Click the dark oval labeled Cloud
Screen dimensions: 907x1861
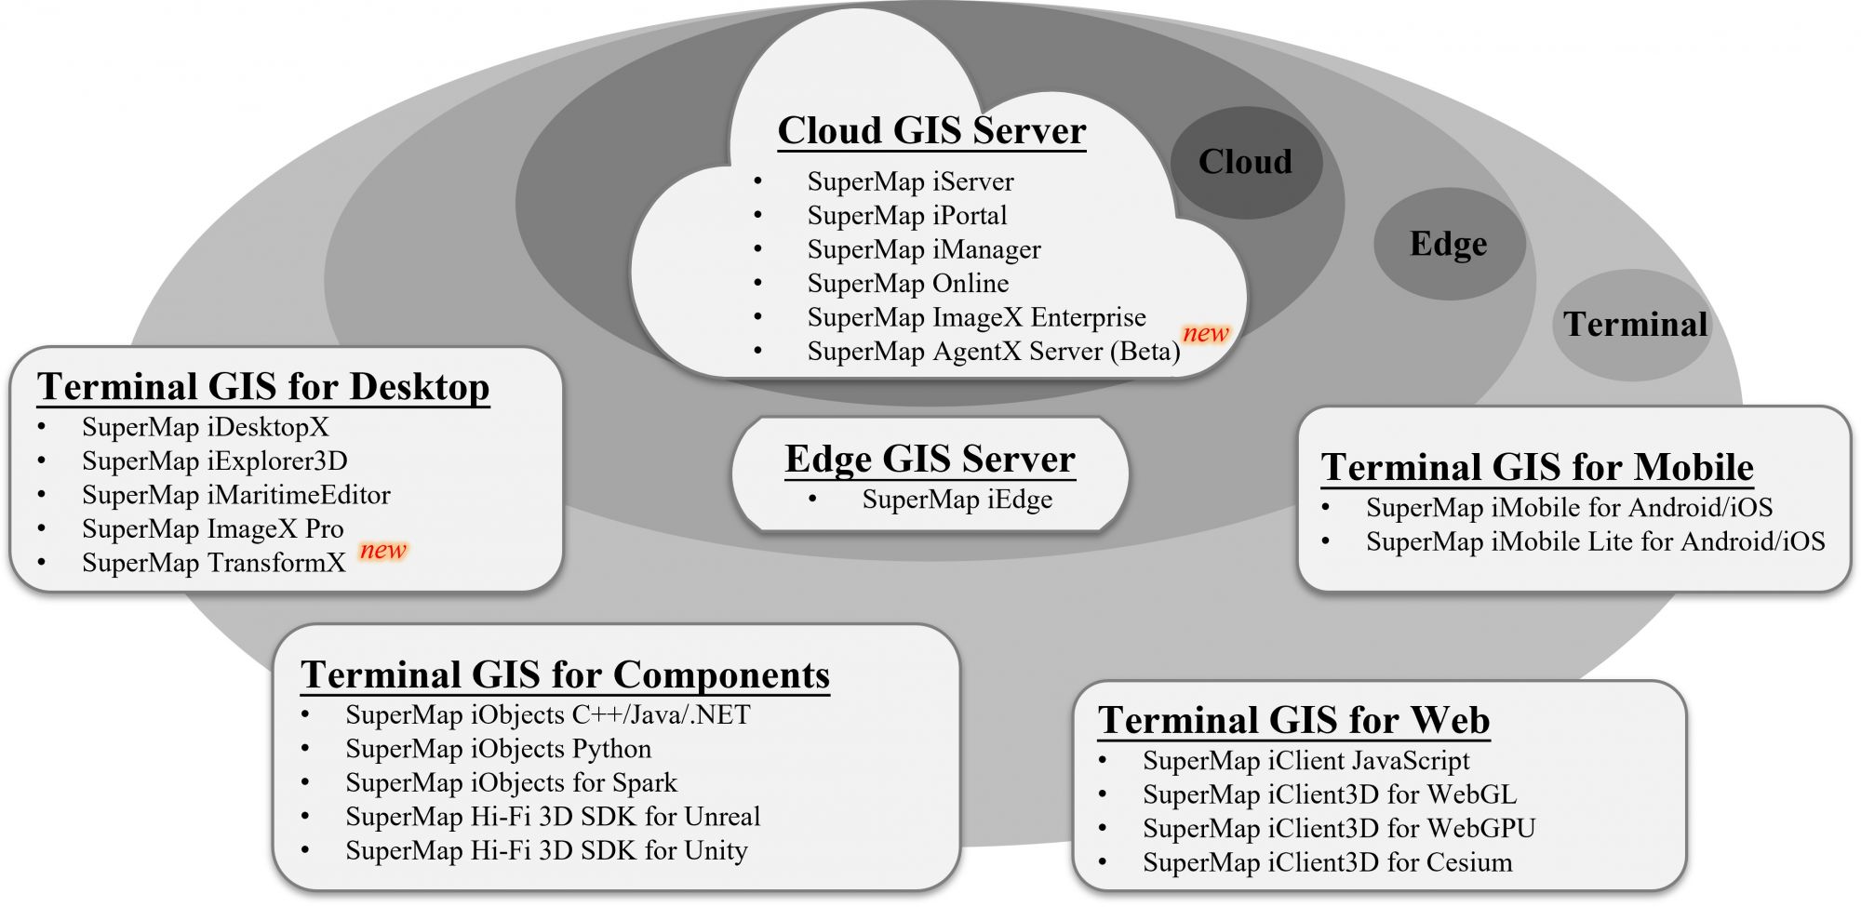[x=1245, y=162]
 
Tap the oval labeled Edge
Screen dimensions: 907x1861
[x=1448, y=244]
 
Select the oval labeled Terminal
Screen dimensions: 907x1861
[x=1634, y=325]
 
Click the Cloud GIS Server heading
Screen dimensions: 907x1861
[x=931, y=130]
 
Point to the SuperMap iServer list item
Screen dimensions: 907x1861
[x=910, y=181]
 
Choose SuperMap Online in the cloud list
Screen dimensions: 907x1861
[x=907, y=283]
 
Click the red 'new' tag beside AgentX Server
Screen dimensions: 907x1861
[x=1205, y=333]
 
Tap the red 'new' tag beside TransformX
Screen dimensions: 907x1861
[x=383, y=550]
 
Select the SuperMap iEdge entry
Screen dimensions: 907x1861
[x=957, y=500]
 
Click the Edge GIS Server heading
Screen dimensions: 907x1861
[x=930, y=459]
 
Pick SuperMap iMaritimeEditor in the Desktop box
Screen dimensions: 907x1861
[x=235, y=495]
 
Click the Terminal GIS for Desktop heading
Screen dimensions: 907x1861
[x=263, y=386]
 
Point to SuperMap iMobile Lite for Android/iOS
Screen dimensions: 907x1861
[x=1595, y=541]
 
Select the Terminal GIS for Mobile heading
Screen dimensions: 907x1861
[x=1537, y=467]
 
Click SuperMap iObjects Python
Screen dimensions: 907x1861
[x=498, y=749]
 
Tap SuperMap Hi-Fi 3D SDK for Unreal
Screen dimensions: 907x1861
[x=553, y=817]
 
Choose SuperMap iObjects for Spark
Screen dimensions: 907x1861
[x=511, y=782]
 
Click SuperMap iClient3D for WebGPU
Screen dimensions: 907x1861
[x=1338, y=828]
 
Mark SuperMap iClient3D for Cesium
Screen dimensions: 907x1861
[x=1327, y=862]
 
